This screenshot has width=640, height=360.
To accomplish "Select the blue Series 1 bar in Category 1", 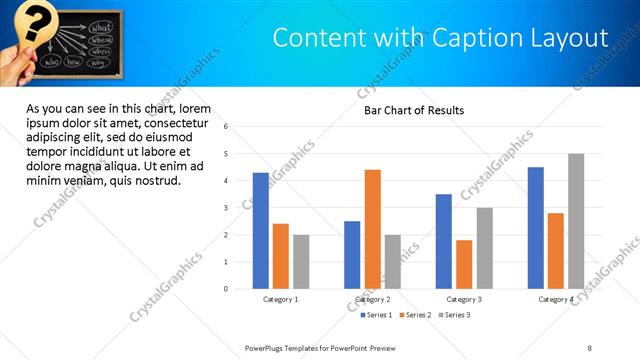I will coord(261,231).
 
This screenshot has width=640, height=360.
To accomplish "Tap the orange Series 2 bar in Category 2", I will coord(372,229).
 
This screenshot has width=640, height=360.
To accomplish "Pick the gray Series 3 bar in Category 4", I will coord(576,221).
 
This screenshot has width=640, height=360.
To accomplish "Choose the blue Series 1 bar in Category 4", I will coord(536,228).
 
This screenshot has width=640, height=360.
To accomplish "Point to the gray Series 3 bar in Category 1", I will coord(301,262).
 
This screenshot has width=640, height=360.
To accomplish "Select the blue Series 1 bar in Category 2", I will coord(352,255).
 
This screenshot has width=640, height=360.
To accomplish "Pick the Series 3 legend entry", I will coord(455,315).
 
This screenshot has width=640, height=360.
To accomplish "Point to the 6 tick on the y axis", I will coord(226,127).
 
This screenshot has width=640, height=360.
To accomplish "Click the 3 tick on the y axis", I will coord(226,208).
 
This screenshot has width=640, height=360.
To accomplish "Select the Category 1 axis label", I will coord(281,299).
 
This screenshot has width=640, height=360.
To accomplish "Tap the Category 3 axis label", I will coord(463,299).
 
